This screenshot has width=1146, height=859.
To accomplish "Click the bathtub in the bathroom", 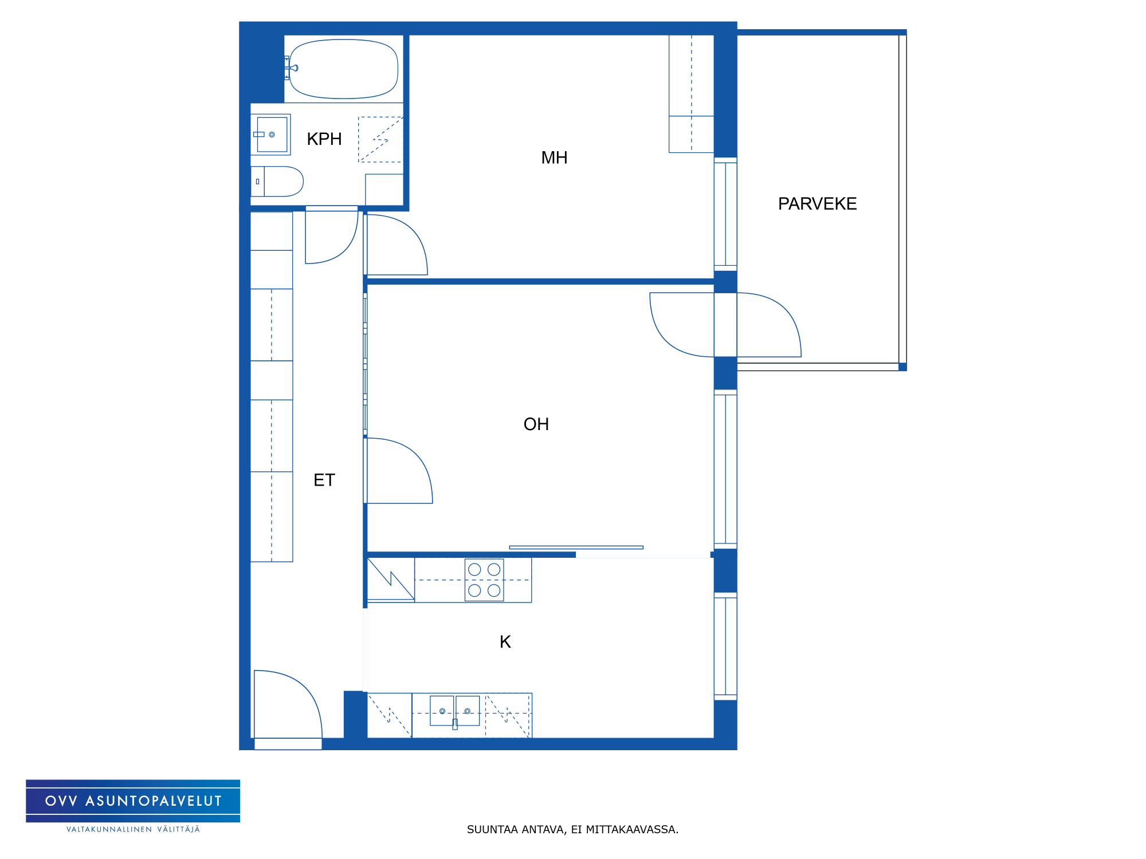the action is (x=343, y=69).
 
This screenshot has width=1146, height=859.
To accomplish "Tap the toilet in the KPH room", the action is (x=277, y=182).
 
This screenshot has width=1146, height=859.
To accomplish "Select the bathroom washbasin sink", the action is (x=271, y=135).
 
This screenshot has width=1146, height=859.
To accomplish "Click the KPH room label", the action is (x=324, y=139).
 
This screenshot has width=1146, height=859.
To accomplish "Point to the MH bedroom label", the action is (x=554, y=157).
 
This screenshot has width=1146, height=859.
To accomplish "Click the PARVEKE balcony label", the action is (x=817, y=203).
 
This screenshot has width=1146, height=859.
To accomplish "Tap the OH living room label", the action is (x=536, y=424).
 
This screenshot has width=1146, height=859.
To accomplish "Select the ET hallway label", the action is (x=324, y=480).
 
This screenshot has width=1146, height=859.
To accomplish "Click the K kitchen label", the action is (x=505, y=642).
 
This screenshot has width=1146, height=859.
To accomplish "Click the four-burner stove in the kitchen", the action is (x=484, y=580).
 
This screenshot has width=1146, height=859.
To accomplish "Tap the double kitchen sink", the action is (x=455, y=712).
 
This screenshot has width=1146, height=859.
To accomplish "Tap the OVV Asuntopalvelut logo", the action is (x=133, y=801).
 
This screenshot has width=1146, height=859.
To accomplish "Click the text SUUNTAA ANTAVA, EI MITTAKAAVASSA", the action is (x=572, y=829).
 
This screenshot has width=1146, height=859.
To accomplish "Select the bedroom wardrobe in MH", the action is (x=691, y=94).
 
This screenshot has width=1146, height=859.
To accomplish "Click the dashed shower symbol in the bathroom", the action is (x=380, y=140).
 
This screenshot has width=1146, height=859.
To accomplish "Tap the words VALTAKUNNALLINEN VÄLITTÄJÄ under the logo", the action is (x=133, y=829).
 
